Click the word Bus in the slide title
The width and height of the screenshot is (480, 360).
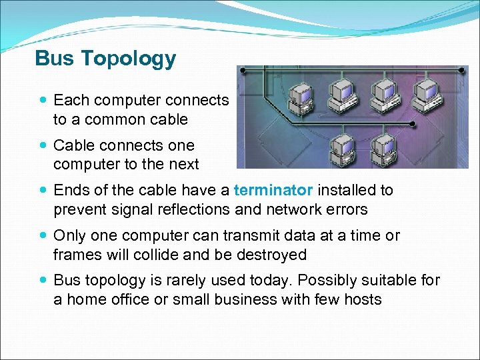(54, 59)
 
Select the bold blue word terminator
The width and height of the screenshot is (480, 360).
(273, 190)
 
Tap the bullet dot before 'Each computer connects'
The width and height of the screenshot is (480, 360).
(43, 101)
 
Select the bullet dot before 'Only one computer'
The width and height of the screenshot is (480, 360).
(43, 236)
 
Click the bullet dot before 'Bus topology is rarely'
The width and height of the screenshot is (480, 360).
(43, 281)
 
